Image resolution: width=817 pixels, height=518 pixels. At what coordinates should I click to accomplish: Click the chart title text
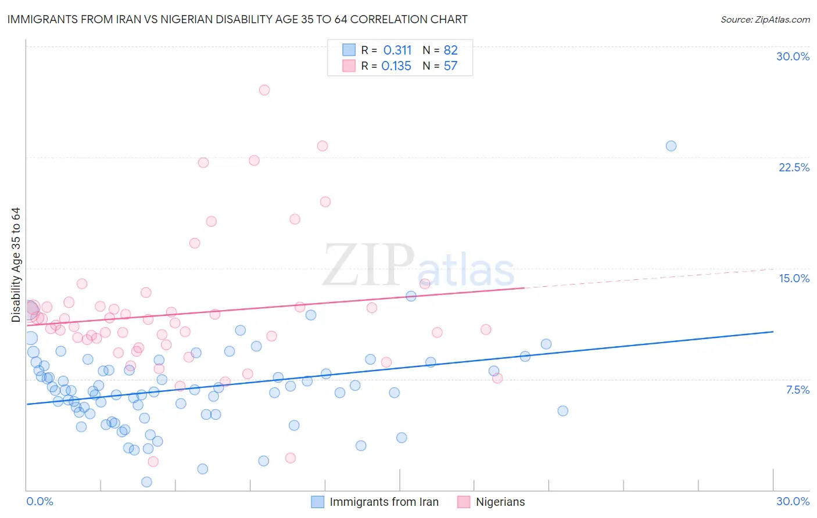point(237,20)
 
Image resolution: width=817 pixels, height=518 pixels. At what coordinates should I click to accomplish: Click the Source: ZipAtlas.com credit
point(765,20)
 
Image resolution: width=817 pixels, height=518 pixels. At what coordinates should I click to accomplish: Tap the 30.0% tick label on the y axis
point(793,56)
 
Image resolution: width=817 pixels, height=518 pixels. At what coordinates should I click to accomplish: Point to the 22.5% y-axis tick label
point(794,167)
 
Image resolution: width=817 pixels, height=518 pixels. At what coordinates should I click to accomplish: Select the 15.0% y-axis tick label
point(794,278)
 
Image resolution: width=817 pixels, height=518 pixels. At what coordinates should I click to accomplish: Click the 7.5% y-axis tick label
point(797,390)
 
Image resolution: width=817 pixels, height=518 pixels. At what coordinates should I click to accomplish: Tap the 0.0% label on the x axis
point(40,501)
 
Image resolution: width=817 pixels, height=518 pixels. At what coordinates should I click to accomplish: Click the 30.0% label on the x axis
point(793,501)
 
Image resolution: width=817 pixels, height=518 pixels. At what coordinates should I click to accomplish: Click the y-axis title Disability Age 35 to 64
point(16,265)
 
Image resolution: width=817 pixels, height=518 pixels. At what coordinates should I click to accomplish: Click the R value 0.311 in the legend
point(397,51)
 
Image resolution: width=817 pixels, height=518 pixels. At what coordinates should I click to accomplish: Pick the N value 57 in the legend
point(450,66)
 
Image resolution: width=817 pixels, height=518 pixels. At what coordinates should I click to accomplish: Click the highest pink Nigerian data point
point(264,90)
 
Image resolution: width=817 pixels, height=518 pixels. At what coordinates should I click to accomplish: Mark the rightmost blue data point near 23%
point(671,146)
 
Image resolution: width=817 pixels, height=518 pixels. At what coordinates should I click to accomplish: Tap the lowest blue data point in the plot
point(146,482)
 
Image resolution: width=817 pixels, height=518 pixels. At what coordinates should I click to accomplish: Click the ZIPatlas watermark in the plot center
point(418,266)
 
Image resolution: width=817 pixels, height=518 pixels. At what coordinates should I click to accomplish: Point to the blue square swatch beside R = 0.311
point(349,50)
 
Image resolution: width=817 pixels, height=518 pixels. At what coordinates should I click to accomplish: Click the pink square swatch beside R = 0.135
point(349,66)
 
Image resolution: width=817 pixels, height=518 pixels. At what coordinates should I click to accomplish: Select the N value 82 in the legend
point(450,51)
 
